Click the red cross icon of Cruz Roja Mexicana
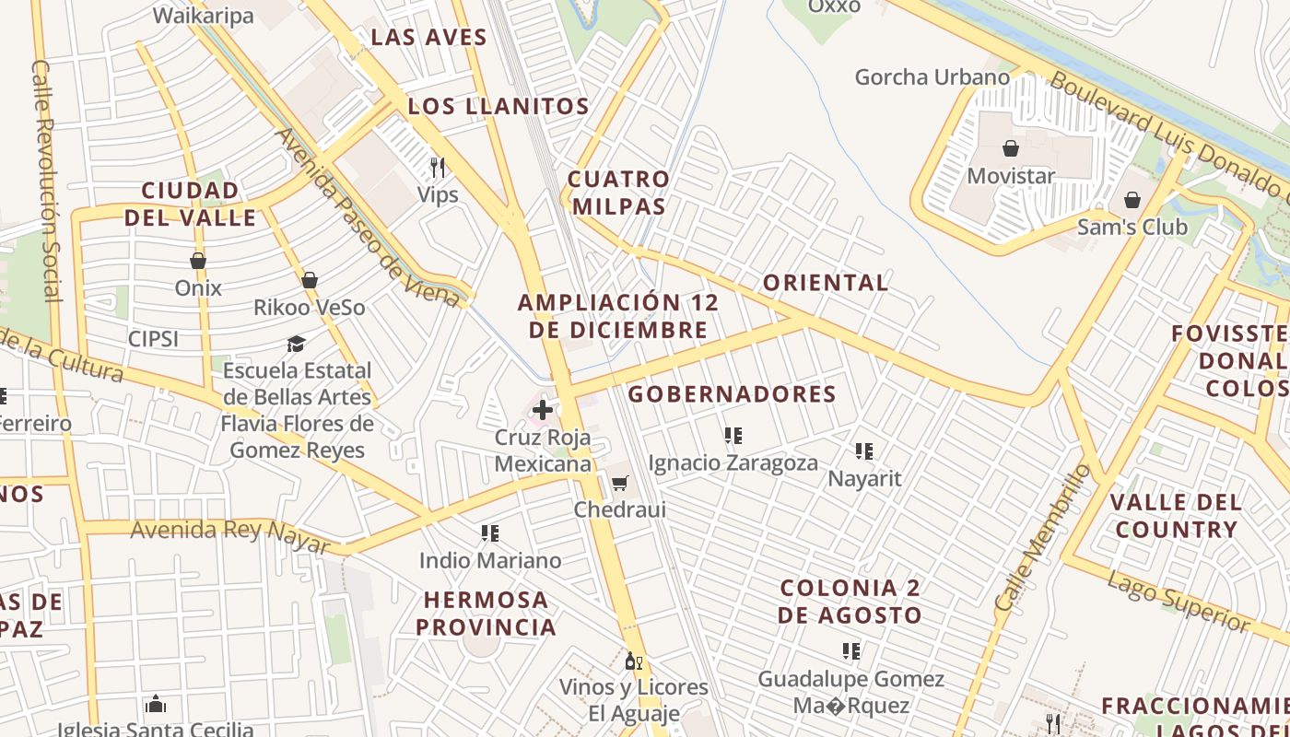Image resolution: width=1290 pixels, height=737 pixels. pyautogui.click(x=543, y=410)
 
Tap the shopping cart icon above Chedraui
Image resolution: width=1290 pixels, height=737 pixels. pyautogui.click(x=620, y=483)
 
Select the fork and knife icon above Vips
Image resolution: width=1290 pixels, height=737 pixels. pyautogui.click(x=438, y=167)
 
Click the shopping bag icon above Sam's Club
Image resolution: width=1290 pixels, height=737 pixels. pyautogui.click(x=1132, y=200)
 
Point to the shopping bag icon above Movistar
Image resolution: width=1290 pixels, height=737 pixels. pyautogui.click(x=1011, y=148)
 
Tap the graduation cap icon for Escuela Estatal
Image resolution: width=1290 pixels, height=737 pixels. pyautogui.click(x=296, y=344)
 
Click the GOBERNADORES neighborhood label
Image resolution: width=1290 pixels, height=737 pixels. pyautogui.click(x=732, y=394)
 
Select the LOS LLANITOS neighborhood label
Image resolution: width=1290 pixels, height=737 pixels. pyautogui.click(x=498, y=106)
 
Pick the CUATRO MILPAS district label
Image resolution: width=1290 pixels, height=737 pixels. pyautogui.click(x=617, y=193)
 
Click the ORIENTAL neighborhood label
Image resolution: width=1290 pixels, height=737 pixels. pyautogui.click(x=826, y=283)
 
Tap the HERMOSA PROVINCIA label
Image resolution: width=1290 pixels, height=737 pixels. pyautogui.click(x=486, y=614)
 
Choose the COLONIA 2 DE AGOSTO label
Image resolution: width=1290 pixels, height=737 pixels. pyautogui.click(x=850, y=602)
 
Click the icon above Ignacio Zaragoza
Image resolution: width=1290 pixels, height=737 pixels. pyautogui.click(x=733, y=435)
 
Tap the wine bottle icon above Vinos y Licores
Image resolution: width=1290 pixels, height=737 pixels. pyautogui.click(x=634, y=661)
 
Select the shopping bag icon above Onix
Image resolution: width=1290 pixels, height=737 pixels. pyautogui.click(x=198, y=261)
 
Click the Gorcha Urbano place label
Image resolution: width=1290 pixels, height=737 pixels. pyautogui.click(x=932, y=77)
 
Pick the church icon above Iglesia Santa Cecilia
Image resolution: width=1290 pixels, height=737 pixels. pyautogui.click(x=156, y=705)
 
